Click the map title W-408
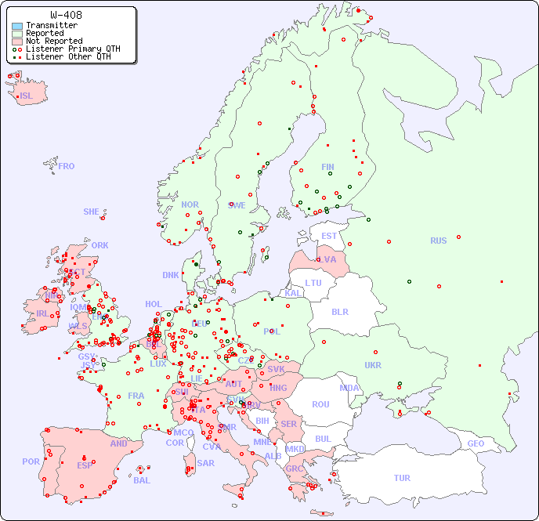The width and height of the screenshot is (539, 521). (66, 15)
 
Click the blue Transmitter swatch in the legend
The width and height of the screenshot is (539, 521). (17, 26)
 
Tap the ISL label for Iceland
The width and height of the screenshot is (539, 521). (27, 96)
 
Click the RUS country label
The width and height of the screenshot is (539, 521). (438, 241)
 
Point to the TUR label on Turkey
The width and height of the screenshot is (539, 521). (402, 478)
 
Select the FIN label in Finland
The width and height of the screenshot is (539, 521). (327, 167)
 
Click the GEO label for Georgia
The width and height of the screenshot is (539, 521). (476, 443)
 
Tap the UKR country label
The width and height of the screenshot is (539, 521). (373, 365)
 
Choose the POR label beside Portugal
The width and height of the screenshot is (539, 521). (31, 461)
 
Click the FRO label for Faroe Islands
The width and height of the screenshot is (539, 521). (67, 166)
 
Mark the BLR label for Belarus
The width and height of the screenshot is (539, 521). (340, 311)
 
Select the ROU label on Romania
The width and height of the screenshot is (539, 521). (320, 404)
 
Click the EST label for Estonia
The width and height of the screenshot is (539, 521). (329, 236)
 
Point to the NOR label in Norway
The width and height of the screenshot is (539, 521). (190, 204)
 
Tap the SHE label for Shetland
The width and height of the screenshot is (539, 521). (92, 212)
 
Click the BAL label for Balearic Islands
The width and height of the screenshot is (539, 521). (142, 480)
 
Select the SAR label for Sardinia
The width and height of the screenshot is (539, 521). (205, 463)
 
